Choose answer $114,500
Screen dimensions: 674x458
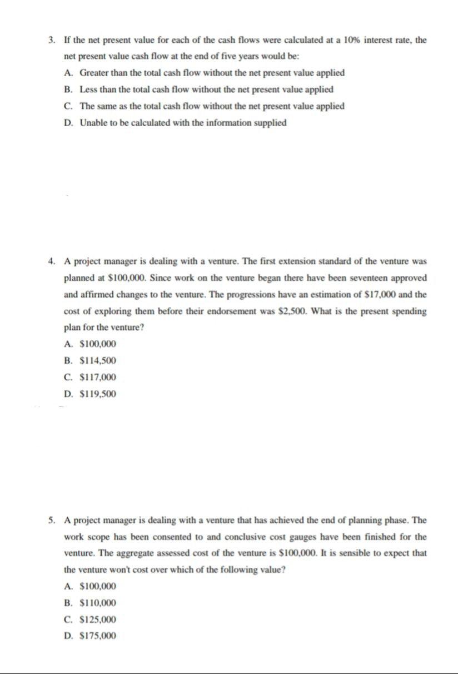pyautogui.click(x=98, y=361)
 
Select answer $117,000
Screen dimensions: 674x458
pyautogui.click(x=98, y=378)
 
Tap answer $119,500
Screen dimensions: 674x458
pyautogui.click(x=98, y=394)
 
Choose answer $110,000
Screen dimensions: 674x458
pyautogui.click(x=98, y=603)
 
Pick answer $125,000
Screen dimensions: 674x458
pyautogui.click(x=98, y=620)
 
